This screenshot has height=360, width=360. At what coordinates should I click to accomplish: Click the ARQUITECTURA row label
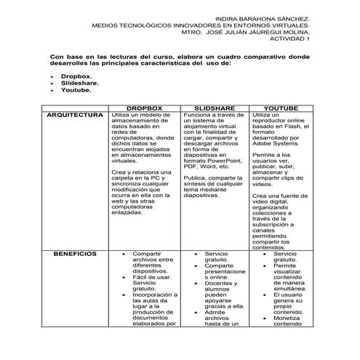point(75,115)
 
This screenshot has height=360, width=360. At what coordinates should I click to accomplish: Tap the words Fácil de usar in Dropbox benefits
point(151,276)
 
